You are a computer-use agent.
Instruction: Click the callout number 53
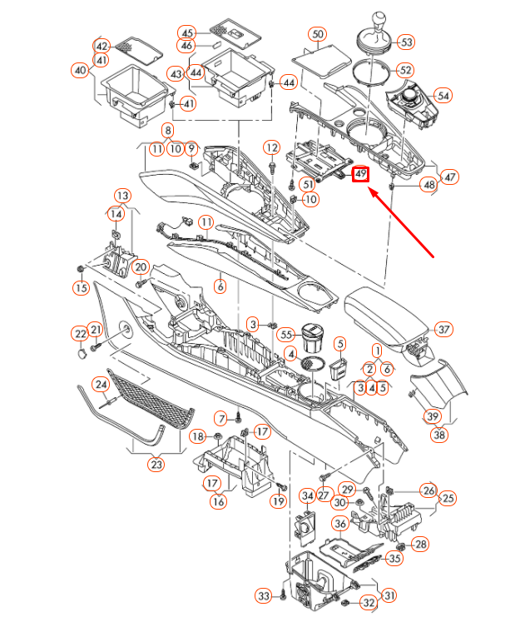pyautogui.click(x=405, y=42)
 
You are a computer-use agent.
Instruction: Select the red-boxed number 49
pyautogui.click(x=360, y=175)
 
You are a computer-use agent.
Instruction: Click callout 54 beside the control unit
pyautogui.click(x=443, y=96)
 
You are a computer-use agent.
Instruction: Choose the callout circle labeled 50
pyautogui.click(x=317, y=35)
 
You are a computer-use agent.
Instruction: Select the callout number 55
pyautogui.click(x=287, y=334)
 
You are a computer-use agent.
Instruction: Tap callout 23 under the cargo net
pyautogui.click(x=156, y=465)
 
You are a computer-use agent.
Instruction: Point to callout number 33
pyautogui.click(x=264, y=596)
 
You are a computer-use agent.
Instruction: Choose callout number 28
pyautogui.click(x=421, y=544)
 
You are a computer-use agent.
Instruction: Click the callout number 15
pyautogui.click(x=80, y=288)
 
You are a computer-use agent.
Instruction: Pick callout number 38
pyautogui.click(x=438, y=434)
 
